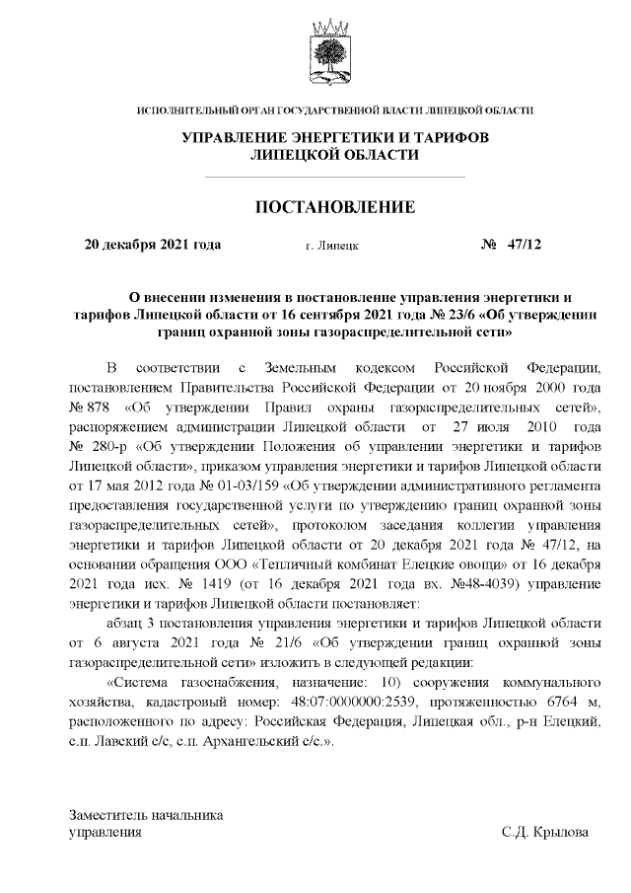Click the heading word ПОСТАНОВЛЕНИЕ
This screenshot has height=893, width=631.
tap(335, 206)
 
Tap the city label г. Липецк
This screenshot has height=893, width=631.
tap(332, 246)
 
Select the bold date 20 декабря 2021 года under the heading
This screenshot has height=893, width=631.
tap(153, 245)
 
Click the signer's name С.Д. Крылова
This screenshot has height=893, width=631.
tap(544, 833)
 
